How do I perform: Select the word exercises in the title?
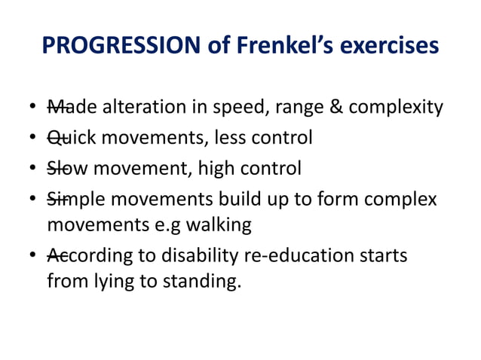point(387,46)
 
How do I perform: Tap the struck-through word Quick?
point(72,138)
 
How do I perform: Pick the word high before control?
point(215,167)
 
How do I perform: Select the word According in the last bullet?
point(88,255)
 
